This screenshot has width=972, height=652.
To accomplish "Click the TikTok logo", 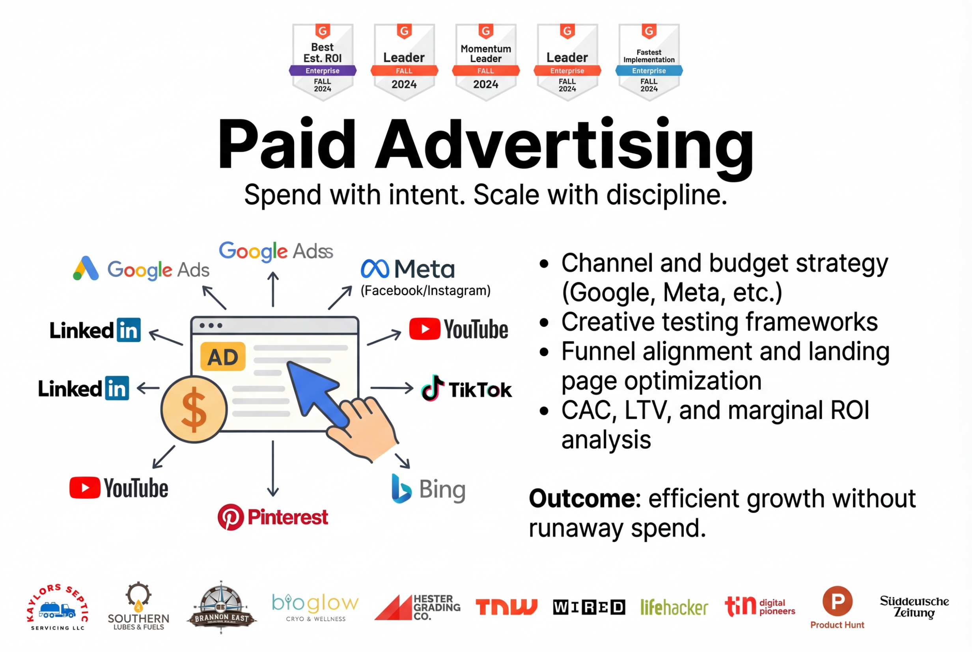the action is tap(466, 388).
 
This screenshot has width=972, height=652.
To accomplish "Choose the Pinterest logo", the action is tap(273, 517).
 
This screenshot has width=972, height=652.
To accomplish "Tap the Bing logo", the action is tap(429, 488).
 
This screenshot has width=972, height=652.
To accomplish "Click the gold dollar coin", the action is tap(194, 409).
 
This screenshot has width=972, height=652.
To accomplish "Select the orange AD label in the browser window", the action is tap(223, 356).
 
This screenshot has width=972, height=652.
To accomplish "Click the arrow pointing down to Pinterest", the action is tap(273, 469).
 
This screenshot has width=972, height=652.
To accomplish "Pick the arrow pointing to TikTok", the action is tap(392, 388).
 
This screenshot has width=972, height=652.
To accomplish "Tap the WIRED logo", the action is tap(589, 607).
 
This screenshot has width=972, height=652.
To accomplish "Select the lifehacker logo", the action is tap(674, 607).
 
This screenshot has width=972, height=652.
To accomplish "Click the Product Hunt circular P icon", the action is tap(837, 601).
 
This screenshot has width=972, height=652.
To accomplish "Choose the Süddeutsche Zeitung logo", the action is tap(914, 607).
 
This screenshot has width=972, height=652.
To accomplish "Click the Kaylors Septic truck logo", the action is tap(58, 607).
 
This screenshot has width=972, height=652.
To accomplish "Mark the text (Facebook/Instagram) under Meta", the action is tap(425, 290).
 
